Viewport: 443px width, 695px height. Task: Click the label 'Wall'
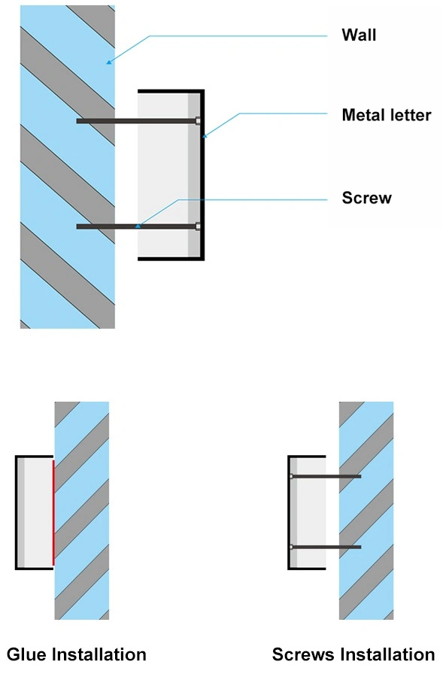(359, 35)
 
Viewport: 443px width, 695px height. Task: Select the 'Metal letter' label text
(387, 115)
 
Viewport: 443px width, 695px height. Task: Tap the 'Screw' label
(367, 198)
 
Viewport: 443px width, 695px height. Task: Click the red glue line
(53, 513)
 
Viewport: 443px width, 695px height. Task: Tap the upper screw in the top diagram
(138, 120)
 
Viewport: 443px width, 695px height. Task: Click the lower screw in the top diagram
(138, 226)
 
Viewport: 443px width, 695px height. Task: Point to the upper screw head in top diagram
(198, 120)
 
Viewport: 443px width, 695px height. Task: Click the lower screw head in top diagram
(198, 226)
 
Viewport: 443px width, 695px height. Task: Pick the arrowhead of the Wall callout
(108, 62)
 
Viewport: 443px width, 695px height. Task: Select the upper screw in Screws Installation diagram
(325, 476)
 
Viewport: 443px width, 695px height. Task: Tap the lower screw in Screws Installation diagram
(325, 547)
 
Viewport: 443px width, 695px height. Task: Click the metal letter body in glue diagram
(35, 512)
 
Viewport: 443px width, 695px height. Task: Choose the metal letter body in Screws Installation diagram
(307, 512)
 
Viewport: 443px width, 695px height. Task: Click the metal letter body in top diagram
(171, 175)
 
